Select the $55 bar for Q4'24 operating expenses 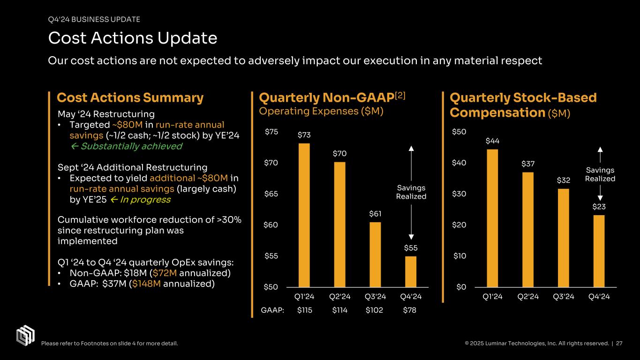click(x=410, y=271)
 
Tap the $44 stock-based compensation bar click(x=492, y=218)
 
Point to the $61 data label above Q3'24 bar click(x=375, y=214)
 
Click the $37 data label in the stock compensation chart click(x=528, y=164)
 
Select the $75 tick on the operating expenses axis click(x=271, y=132)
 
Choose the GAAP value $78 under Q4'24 click(x=410, y=310)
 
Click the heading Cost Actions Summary click(x=130, y=98)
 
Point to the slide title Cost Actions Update click(x=132, y=38)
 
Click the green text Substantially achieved click(x=131, y=146)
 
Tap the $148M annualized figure click(x=147, y=284)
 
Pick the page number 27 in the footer click(x=619, y=344)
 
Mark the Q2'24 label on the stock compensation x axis click(x=527, y=296)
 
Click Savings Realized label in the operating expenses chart click(x=411, y=192)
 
